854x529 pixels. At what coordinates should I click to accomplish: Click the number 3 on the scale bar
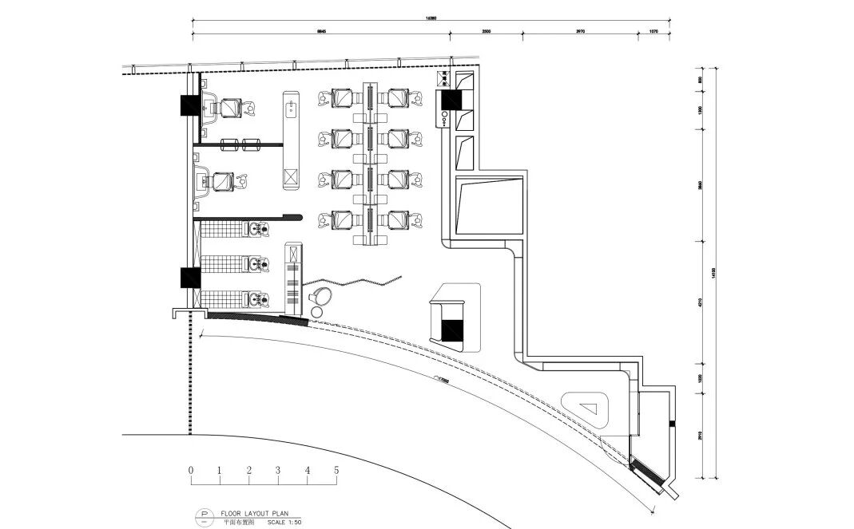point(278,471)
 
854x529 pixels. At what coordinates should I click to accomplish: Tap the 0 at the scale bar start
point(191,471)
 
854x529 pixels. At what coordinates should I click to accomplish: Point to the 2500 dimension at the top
point(486,30)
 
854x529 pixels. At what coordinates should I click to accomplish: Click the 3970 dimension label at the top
point(580,30)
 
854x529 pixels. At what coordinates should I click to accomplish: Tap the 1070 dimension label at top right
point(653,30)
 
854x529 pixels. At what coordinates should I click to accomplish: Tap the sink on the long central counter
point(290,105)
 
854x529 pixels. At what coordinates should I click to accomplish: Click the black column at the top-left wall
point(191,105)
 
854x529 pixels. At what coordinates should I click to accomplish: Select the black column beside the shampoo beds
point(190,277)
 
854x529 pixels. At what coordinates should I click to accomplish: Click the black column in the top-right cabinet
point(447,100)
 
